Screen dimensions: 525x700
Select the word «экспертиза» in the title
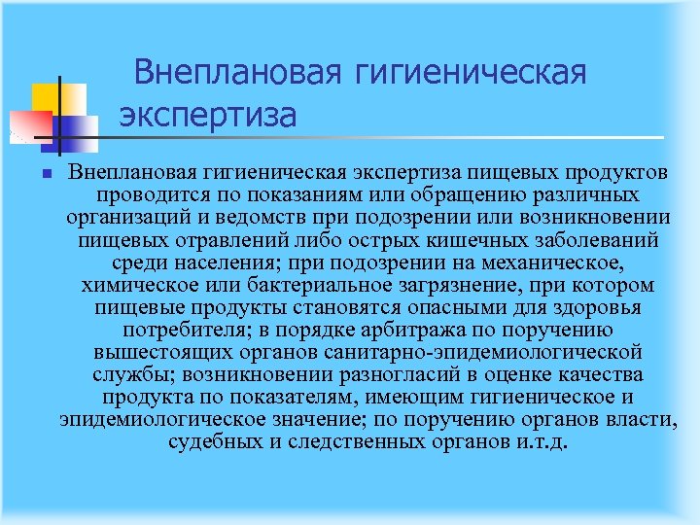(208, 116)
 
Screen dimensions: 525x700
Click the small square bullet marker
(33, 173)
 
